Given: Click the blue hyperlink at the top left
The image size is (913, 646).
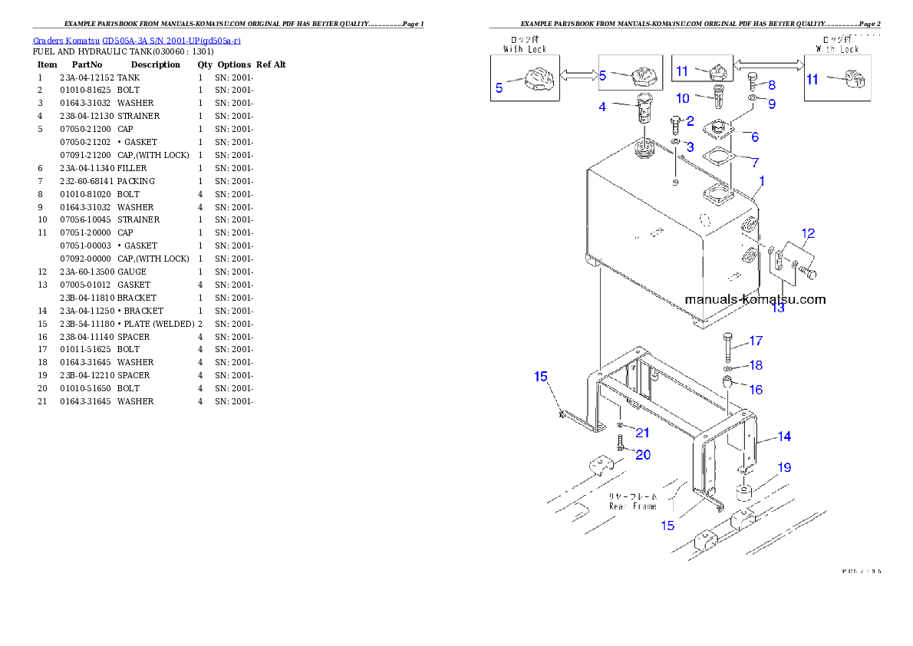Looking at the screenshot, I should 137,41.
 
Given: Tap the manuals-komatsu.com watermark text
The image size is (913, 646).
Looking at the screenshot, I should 755,299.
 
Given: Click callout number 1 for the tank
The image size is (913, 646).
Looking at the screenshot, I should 761,181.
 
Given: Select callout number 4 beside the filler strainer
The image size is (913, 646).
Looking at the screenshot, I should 603,107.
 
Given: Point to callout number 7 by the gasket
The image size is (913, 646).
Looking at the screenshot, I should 755,163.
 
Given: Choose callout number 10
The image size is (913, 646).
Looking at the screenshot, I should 683,98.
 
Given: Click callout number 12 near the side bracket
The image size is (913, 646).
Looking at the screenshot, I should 808,233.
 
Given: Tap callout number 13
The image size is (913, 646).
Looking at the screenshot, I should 778,308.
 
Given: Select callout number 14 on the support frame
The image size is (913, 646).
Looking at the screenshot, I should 783,437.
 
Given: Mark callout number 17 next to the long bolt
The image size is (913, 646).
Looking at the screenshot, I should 756,341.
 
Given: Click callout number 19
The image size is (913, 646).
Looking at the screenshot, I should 783,467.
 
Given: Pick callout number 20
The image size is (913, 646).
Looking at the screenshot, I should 642,455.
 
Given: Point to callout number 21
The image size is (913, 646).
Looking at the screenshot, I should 641,433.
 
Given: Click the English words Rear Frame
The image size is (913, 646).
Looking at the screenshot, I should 633,506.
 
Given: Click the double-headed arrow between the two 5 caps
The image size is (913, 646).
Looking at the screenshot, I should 578,73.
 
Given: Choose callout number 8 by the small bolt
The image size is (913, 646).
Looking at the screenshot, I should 771,84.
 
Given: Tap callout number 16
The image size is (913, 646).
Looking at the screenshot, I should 756,390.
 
